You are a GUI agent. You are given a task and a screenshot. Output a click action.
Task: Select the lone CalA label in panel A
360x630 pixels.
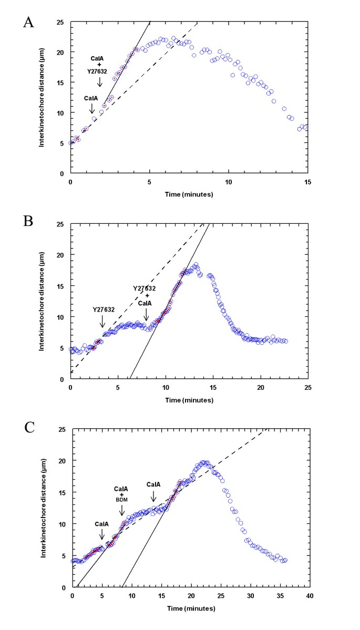(x=91, y=98)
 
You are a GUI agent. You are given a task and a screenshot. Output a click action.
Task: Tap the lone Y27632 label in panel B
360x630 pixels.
(x=103, y=310)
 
